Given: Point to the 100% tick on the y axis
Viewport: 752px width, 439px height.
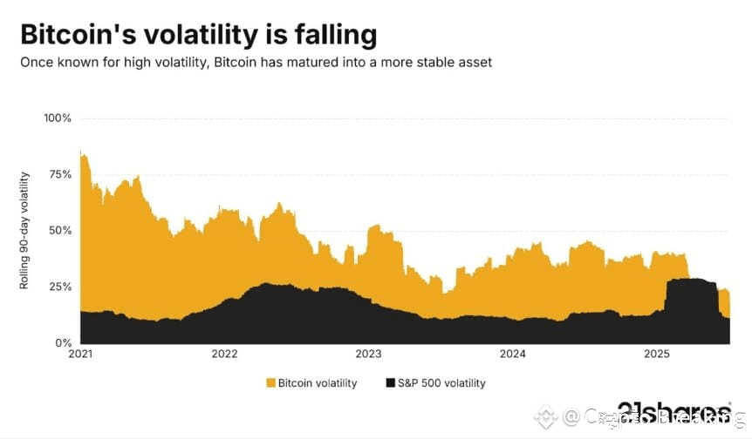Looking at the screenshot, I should [57, 118].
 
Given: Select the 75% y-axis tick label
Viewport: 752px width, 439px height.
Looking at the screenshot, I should [58, 174].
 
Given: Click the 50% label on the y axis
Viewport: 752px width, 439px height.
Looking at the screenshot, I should [58, 231].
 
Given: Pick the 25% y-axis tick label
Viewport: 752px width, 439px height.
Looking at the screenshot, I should [58, 287].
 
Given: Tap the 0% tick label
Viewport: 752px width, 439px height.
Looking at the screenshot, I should [62, 343].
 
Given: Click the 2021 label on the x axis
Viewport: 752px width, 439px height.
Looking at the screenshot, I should [80, 355].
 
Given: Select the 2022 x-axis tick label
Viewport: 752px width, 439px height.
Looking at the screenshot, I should [224, 355].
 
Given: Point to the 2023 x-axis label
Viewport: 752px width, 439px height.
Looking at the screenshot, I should [368, 355].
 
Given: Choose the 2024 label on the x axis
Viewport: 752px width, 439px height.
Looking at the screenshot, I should [512, 355].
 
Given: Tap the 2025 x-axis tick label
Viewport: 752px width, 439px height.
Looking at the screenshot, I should [656, 355].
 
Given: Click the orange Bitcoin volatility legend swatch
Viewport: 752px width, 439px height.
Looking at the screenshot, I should [270, 383].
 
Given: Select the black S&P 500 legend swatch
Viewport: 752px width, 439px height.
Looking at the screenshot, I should [388, 383].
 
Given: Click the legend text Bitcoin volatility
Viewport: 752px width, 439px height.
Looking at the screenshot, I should [317, 383].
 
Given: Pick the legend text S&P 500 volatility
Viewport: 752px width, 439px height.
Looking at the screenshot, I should [441, 383].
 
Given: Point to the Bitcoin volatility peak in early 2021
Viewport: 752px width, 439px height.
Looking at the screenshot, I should [81, 152].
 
